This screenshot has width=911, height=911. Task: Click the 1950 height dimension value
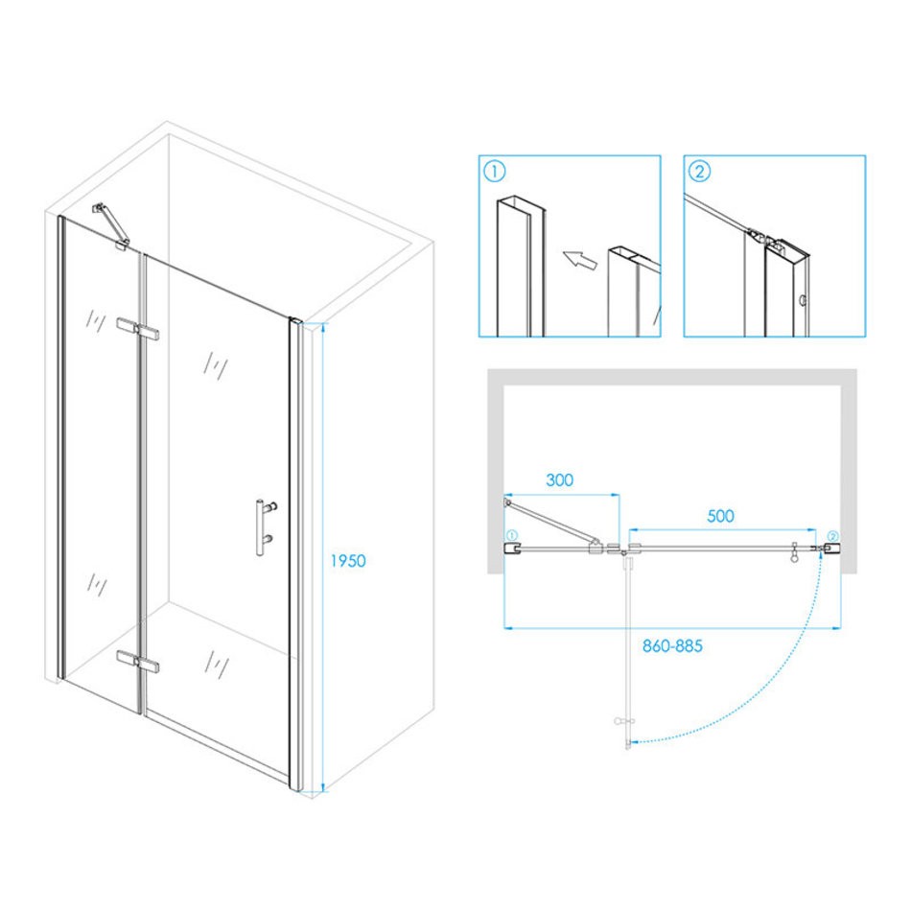tap(348, 561)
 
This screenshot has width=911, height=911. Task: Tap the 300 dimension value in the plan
tap(559, 479)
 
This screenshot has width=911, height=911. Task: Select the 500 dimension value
tap(720, 516)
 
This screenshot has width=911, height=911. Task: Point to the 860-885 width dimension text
tap(672, 645)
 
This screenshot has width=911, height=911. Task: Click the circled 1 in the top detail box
tap(495, 172)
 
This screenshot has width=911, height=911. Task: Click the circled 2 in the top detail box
tap(699, 172)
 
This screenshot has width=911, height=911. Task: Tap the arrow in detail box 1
tap(580, 259)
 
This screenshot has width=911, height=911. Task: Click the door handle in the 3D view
tap(265, 526)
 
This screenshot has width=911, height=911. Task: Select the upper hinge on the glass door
tap(138, 329)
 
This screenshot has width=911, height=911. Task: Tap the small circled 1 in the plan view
tap(512, 535)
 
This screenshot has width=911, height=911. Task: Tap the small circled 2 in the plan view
tap(832, 536)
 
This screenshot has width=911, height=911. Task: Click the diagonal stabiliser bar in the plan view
tap(552, 523)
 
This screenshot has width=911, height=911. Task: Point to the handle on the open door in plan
tap(624, 721)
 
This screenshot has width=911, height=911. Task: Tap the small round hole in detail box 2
tap(803, 300)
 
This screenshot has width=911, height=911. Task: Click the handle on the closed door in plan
tap(794, 552)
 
